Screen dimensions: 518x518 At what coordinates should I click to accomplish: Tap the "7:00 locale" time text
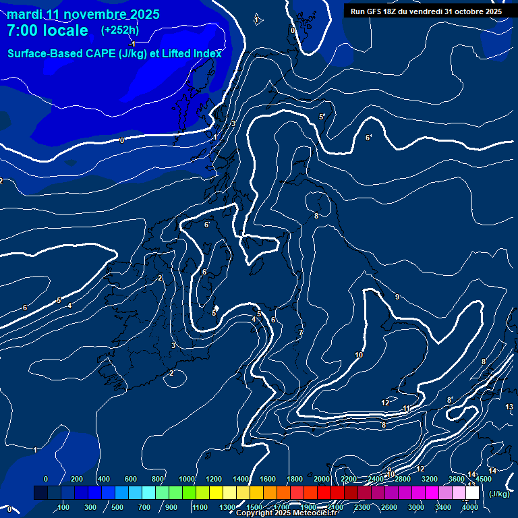click(47, 30)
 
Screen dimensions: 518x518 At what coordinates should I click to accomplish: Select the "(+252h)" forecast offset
click(121, 30)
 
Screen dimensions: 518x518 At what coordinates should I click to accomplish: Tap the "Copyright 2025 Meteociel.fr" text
click(286, 513)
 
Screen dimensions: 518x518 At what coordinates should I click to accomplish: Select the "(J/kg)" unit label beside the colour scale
click(499, 494)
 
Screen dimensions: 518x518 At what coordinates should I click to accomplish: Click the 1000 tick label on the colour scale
click(187, 479)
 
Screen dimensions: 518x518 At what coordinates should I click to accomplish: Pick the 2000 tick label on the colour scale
click(322, 479)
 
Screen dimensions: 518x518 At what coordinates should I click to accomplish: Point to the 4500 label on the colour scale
click(483, 479)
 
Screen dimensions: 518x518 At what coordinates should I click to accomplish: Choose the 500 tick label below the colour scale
click(117, 507)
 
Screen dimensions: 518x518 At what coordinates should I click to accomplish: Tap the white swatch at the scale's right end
click(472, 493)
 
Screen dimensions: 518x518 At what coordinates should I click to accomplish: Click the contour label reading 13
click(509, 407)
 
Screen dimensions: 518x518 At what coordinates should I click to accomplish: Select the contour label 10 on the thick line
click(359, 355)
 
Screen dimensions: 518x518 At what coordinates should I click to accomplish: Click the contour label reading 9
click(397, 297)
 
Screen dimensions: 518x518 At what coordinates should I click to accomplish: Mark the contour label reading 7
click(300, 333)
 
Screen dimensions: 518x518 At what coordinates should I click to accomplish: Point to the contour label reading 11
click(406, 408)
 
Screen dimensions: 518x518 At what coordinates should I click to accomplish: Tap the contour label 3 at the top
click(233, 123)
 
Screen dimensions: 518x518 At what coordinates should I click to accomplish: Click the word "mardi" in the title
click(24, 14)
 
